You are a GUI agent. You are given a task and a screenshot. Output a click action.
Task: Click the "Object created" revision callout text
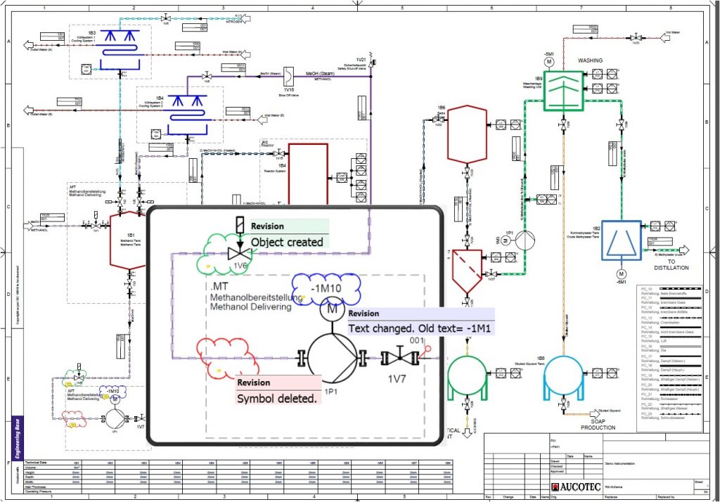point(287,242)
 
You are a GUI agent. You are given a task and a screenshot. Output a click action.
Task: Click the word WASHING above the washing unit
point(590,60)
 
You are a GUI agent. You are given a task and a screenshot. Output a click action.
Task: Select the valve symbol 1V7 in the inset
point(399,358)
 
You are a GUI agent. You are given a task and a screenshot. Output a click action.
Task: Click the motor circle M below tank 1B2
point(621,273)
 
